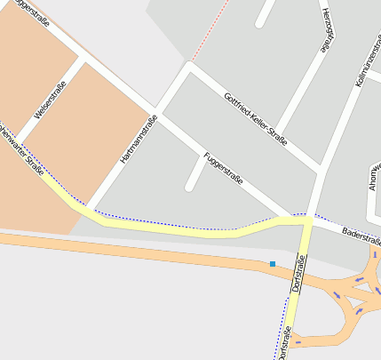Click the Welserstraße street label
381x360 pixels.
pos(50,100)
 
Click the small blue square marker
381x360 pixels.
pos(273,264)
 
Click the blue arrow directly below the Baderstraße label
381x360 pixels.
pos(360,279)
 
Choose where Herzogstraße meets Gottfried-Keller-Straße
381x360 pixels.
pos(277,133)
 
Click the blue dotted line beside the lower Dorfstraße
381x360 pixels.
pos(282,320)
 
